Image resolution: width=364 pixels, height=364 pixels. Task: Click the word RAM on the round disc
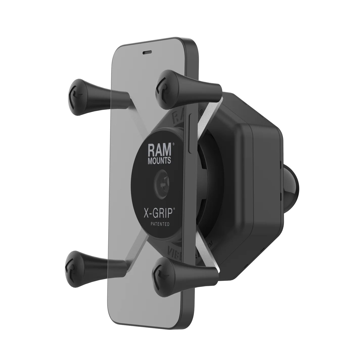(159, 151)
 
